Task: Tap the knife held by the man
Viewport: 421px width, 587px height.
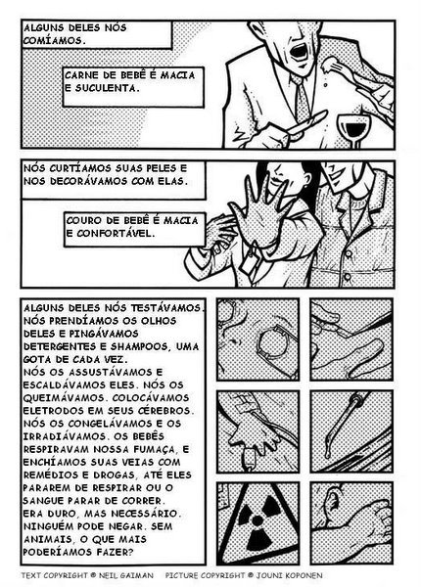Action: coord(306,123)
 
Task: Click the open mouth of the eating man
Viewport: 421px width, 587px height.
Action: coord(299,51)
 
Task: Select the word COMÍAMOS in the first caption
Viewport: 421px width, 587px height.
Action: coord(54,40)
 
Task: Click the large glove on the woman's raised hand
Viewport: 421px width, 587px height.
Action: coord(262,217)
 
